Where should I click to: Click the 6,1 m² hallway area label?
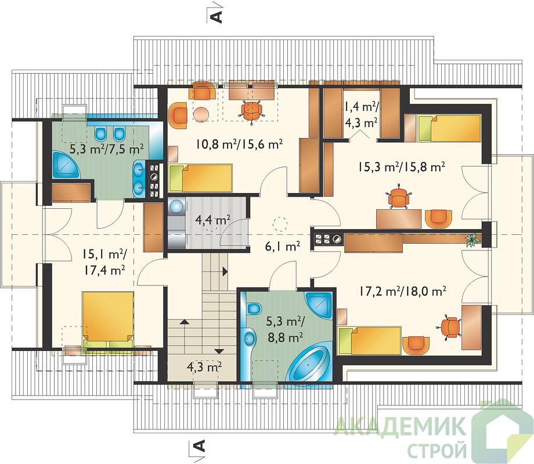point(282,245)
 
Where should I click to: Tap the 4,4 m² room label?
point(212,220)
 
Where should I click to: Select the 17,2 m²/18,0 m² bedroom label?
point(403,291)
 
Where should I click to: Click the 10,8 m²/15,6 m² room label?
point(239,144)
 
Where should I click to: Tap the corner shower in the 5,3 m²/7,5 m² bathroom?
point(66,164)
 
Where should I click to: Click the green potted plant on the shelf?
point(472,240)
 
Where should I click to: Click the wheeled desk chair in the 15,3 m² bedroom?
point(398,197)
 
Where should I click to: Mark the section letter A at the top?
point(217,16)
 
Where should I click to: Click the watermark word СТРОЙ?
point(437,449)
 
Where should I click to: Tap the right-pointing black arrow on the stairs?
point(225,271)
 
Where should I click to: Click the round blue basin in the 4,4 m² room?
point(176,206)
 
